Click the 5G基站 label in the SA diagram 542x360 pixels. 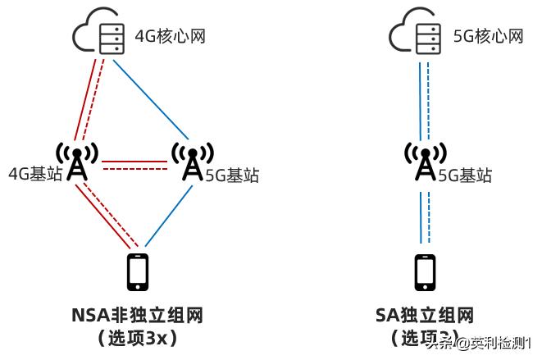point(466,175)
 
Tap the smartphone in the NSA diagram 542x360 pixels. point(138,272)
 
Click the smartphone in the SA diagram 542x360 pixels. point(425,272)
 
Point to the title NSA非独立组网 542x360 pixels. point(137,316)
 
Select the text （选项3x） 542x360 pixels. point(137,337)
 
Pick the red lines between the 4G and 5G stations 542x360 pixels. point(134,165)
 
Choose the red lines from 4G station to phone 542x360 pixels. point(107,215)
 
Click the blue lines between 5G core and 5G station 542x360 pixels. point(425,98)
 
